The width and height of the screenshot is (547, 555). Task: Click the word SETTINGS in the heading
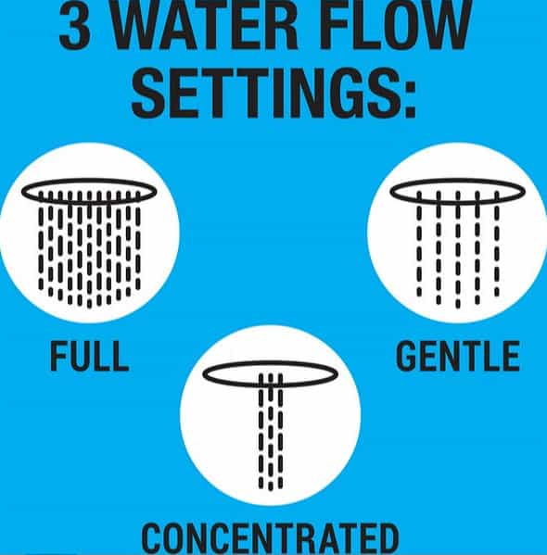coord(265,93)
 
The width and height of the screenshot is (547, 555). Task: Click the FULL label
coord(89,356)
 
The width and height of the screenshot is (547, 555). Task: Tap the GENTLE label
coord(458,356)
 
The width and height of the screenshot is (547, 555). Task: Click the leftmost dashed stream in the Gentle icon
coord(419,244)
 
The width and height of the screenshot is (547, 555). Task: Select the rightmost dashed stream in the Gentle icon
coord(497,244)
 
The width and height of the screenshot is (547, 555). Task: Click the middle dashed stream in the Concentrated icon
coord(271,432)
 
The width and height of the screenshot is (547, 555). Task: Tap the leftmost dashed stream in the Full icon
coord(41,241)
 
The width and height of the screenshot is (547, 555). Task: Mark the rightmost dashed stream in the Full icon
coord(138,241)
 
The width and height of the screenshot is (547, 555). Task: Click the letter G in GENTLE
coord(406,356)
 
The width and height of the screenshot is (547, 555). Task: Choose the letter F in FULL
coord(57,357)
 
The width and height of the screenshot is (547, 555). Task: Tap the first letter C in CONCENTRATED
coord(152,538)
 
